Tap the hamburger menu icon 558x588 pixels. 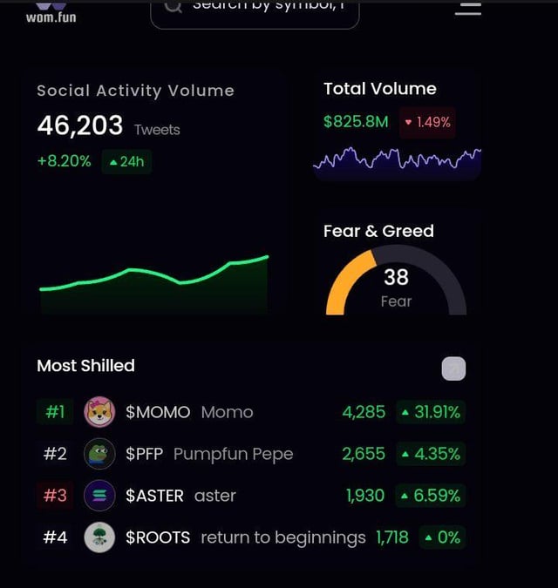468,8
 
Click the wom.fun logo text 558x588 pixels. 51,17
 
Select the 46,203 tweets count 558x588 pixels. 80,126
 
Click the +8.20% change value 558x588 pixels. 64,161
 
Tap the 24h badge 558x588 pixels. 126,161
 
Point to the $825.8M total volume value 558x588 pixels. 356,122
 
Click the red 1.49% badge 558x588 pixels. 426,122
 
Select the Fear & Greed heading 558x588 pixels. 378,231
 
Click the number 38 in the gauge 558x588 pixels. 396,277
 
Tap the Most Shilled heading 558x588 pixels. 85,366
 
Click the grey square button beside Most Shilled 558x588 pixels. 453,369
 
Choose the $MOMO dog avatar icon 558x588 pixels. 99,412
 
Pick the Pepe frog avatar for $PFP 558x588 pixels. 99,454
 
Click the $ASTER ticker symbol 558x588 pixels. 154,496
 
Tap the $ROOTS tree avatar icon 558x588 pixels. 99,537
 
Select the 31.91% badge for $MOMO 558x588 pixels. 430,412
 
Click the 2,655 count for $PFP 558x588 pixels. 364,454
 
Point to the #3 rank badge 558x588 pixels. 55,496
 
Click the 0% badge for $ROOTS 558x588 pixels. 442,537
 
